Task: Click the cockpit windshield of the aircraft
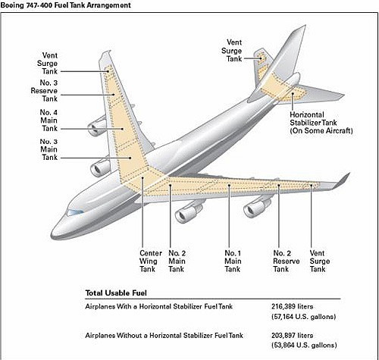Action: (x=75, y=212)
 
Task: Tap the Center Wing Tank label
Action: (x=151, y=261)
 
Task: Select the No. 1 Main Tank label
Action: (x=233, y=261)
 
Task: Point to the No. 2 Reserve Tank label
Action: (x=287, y=261)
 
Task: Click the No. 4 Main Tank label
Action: (x=49, y=121)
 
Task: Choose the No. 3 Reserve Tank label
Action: (x=44, y=91)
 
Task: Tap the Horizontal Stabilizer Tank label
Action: (x=321, y=123)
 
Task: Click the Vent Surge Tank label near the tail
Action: (x=232, y=51)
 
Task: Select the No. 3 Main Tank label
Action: (x=49, y=149)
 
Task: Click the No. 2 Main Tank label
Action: (x=177, y=261)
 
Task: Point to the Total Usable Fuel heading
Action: (x=116, y=293)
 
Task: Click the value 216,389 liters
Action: (x=293, y=306)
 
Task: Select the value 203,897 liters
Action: (x=293, y=336)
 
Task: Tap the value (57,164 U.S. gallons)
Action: (x=304, y=317)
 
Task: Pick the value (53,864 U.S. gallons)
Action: (x=304, y=345)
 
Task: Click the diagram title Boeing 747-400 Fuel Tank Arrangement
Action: (x=66, y=5)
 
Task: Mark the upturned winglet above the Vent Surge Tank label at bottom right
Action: (x=342, y=181)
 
